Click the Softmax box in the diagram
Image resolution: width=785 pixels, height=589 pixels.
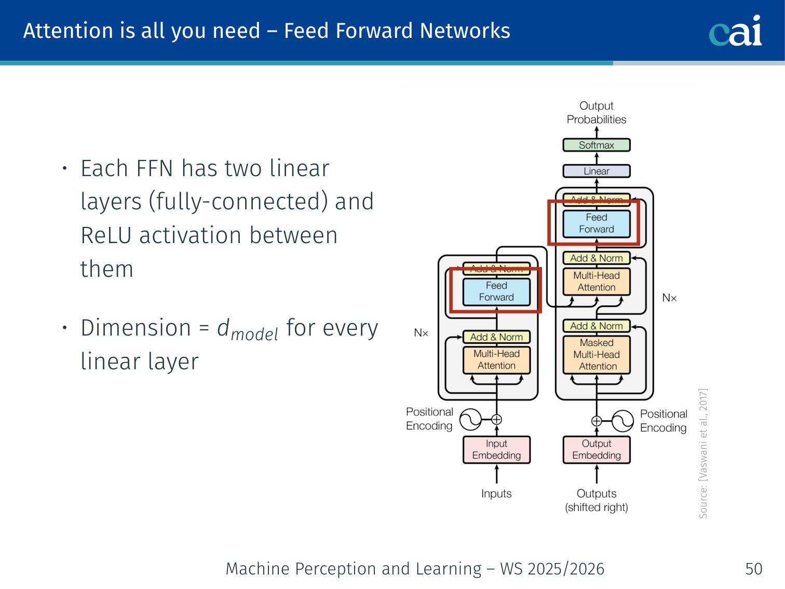[597, 145]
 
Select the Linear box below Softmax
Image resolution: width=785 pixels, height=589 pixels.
[597, 171]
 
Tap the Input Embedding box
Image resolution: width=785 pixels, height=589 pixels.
[496, 450]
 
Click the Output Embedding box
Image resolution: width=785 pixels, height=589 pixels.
[597, 450]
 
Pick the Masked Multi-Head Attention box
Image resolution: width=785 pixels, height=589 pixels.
[597, 355]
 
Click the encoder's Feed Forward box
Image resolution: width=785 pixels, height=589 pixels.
[496, 291]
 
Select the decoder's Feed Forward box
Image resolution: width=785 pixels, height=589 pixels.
[597, 223]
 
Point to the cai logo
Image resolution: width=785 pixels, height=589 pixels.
[735, 31]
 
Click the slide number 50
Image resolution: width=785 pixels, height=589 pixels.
[753, 569]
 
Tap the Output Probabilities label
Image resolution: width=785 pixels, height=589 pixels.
[597, 113]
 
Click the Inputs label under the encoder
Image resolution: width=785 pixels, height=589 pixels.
[496, 493]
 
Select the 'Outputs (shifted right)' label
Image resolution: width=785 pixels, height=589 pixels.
[597, 501]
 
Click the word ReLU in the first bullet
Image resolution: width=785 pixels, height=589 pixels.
[106, 235]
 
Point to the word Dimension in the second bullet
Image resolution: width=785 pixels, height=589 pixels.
[136, 328]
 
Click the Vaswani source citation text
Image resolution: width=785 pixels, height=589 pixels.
[703, 453]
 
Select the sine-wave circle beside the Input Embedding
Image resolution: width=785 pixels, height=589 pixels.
[471, 420]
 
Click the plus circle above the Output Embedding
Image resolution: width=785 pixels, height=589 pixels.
[597, 421]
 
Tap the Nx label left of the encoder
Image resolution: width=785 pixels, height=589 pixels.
[421, 333]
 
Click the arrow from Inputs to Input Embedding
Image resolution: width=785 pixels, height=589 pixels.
[497, 474]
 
